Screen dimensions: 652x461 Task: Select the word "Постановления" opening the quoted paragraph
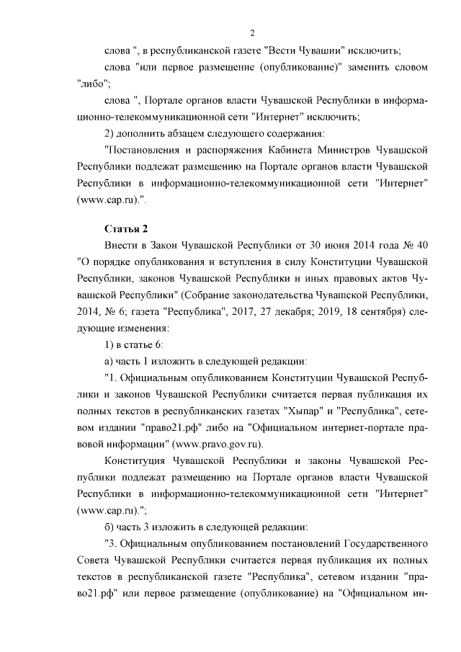(140, 150)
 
